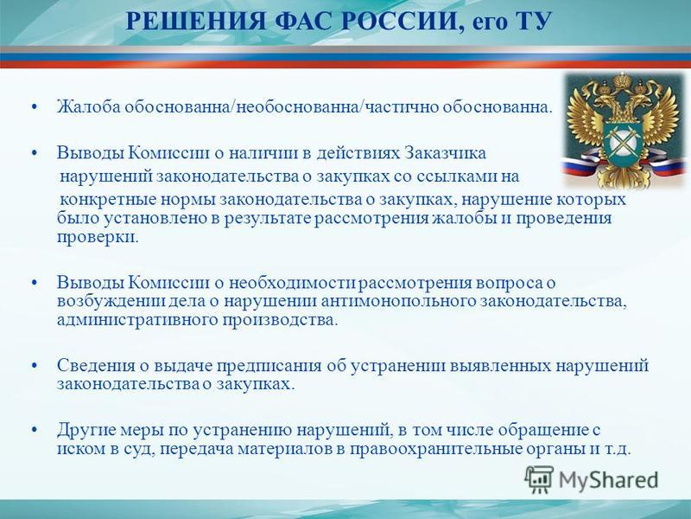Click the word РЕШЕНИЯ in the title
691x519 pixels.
(x=195, y=21)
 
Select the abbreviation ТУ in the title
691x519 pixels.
(x=532, y=21)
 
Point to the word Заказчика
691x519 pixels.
(x=446, y=153)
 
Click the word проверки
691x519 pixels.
(x=98, y=237)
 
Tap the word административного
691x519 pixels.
(x=137, y=320)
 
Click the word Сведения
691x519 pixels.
(x=96, y=366)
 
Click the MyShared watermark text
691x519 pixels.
(x=609, y=480)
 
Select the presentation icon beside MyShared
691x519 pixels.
(x=539, y=480)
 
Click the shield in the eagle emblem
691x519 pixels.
(x=623, y=141)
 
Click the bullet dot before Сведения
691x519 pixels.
(x=35, y=366)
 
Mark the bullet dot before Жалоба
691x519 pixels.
(x=35, y=107)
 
